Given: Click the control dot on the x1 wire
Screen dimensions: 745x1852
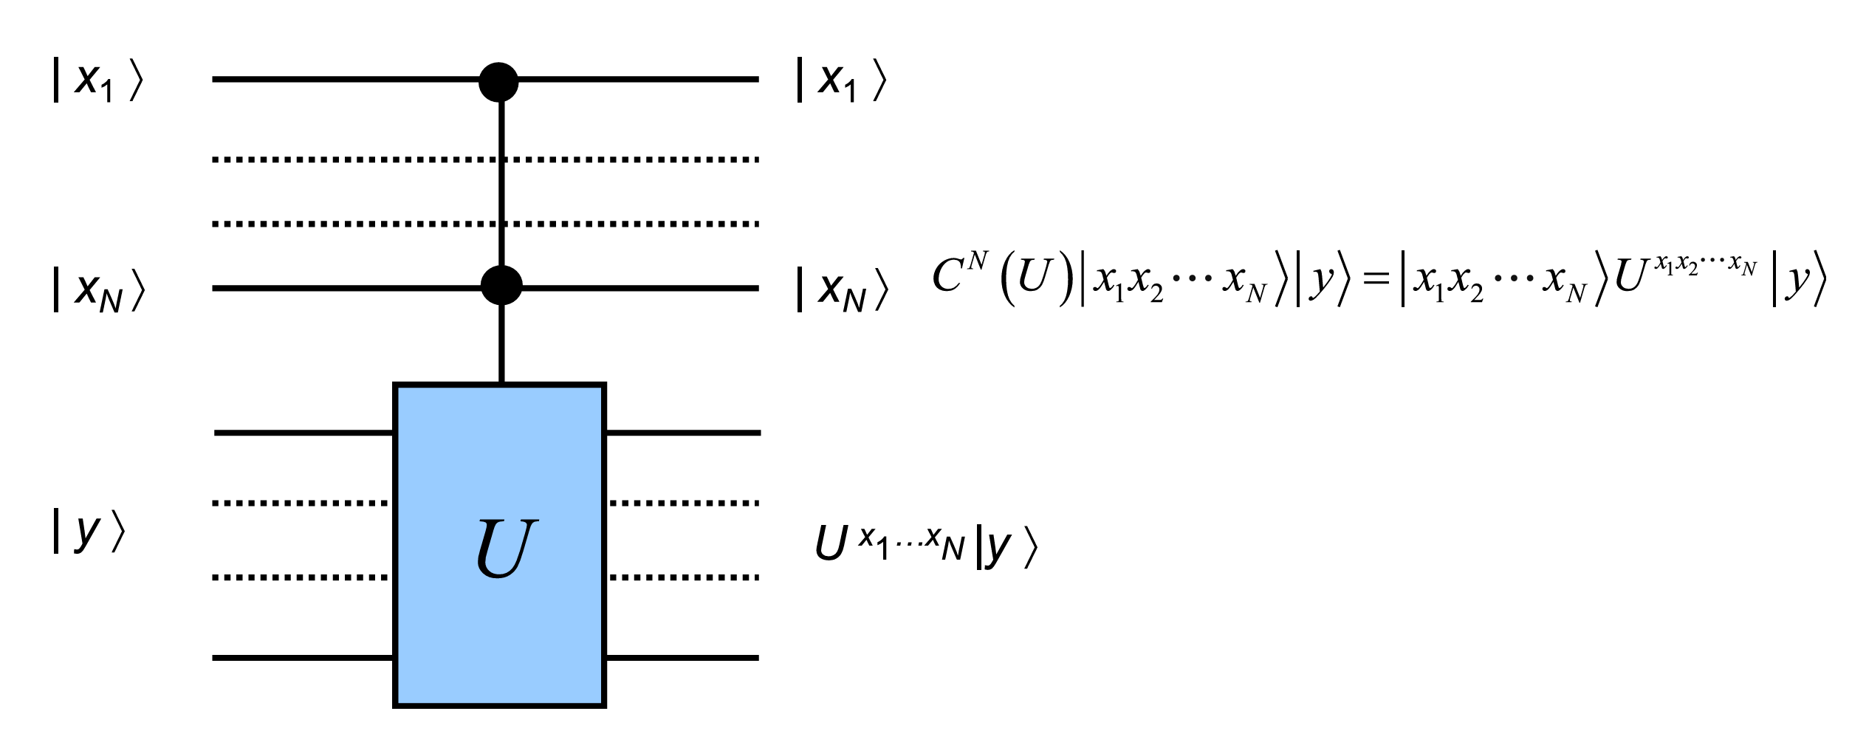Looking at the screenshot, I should tap(498, 80).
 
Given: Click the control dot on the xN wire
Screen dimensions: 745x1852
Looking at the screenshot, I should tap(501, 285).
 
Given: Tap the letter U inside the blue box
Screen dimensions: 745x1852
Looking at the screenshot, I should tap(505, 547).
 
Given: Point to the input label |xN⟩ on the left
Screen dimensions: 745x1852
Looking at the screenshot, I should tap(98, 289).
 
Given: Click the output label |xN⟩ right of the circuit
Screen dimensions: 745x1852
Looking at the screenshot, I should tap(842, 289).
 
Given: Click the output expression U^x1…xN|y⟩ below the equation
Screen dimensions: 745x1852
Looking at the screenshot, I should tap(926, 547).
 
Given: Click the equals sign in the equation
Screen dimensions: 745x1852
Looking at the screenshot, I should tap(1376, 279).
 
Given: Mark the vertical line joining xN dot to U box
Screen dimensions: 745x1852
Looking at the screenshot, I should tap(502, 343).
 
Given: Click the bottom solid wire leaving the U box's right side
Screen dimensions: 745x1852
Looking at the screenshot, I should tap(682, 657).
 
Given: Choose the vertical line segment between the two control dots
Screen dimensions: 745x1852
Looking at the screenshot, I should tap(502, 185).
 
